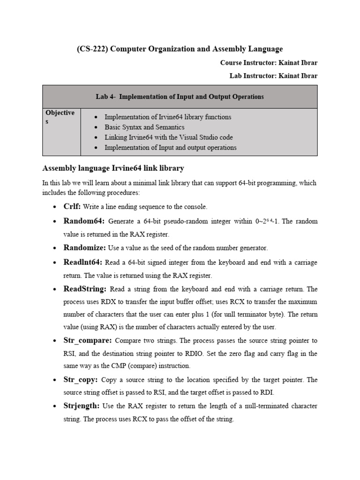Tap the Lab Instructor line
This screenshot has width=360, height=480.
click(x=273, y=75)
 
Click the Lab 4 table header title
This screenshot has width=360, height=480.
click(x=180, y=97)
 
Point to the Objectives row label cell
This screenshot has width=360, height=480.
click(x=61, y=117)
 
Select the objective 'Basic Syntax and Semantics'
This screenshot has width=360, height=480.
click(x=144, y=127)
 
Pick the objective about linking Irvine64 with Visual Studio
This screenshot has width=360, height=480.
click(x=168, y=137)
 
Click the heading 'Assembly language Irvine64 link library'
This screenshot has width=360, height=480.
click(x=113, y=168)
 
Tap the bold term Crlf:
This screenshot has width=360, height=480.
click(x=72, y=206)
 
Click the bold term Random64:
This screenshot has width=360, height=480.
click(x=84, y=221)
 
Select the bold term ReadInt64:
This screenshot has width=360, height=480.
click(x=83, y=262)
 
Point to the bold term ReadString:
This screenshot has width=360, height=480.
click(x=85, y=289)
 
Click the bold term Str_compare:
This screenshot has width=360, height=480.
click(x=87, y=340)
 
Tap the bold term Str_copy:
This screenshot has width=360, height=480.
click(x=81, y=380)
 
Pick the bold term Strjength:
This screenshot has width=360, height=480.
click(x=82, y=406)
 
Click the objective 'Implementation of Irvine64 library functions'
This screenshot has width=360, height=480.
click(x=168, y=117)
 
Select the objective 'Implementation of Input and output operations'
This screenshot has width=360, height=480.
click(x=170, y=148)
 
